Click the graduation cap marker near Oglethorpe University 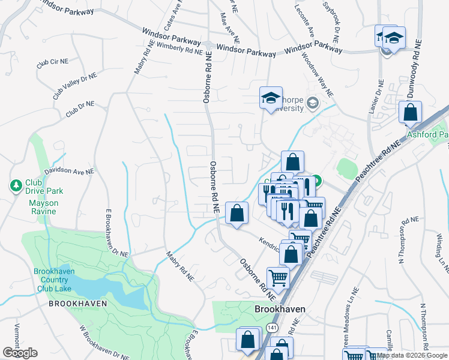[x=271, y=98]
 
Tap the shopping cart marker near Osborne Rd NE [x=278, y=277]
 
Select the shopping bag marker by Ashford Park [x=410, y=112]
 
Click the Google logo [x=20, y=353]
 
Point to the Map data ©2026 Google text [x=412, y=355]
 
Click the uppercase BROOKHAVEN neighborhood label [x=77, y=304]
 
